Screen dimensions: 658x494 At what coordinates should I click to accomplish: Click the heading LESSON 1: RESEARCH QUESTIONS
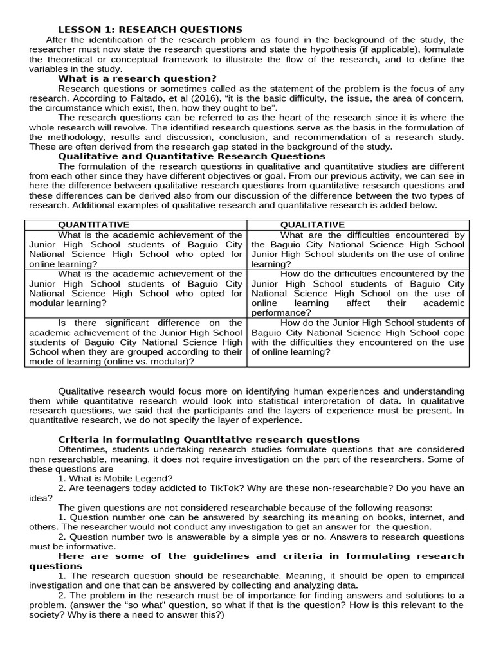click(151, 30)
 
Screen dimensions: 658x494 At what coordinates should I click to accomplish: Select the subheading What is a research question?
click(137, 78)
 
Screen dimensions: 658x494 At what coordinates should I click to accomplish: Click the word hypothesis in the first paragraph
click(313, 49)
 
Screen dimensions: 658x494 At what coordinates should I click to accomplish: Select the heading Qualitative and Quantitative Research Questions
click(192, 156)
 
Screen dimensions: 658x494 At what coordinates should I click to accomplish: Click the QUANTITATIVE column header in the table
click(94, 225)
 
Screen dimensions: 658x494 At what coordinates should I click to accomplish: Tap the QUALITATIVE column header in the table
click(313, 225)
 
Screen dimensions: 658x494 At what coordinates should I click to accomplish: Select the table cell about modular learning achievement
click(136, 289)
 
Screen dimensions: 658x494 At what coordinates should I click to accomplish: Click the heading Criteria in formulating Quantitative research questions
click(209, 440)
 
